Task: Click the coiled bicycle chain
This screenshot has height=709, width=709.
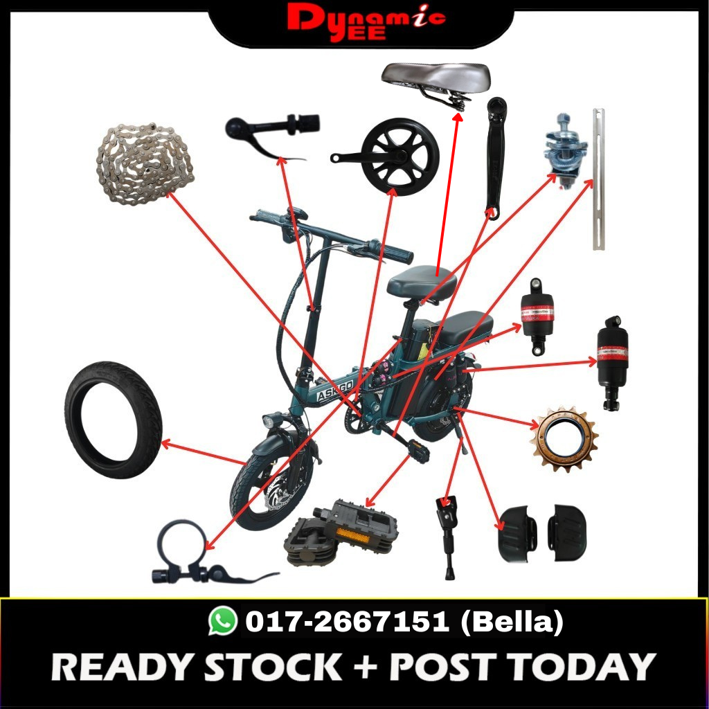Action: (x=145, y=163)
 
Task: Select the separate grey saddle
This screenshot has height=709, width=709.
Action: (x=436, y=80)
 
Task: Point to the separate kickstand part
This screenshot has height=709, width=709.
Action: (x=447, y=537)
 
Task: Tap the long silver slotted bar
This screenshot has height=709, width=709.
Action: (x=598, y=179)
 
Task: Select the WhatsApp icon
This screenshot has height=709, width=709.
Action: (x=222, y=621)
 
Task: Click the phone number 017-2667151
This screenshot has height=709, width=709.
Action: (x=347, y=621)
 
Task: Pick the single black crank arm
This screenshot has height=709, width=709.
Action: (x=495, y=159)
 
